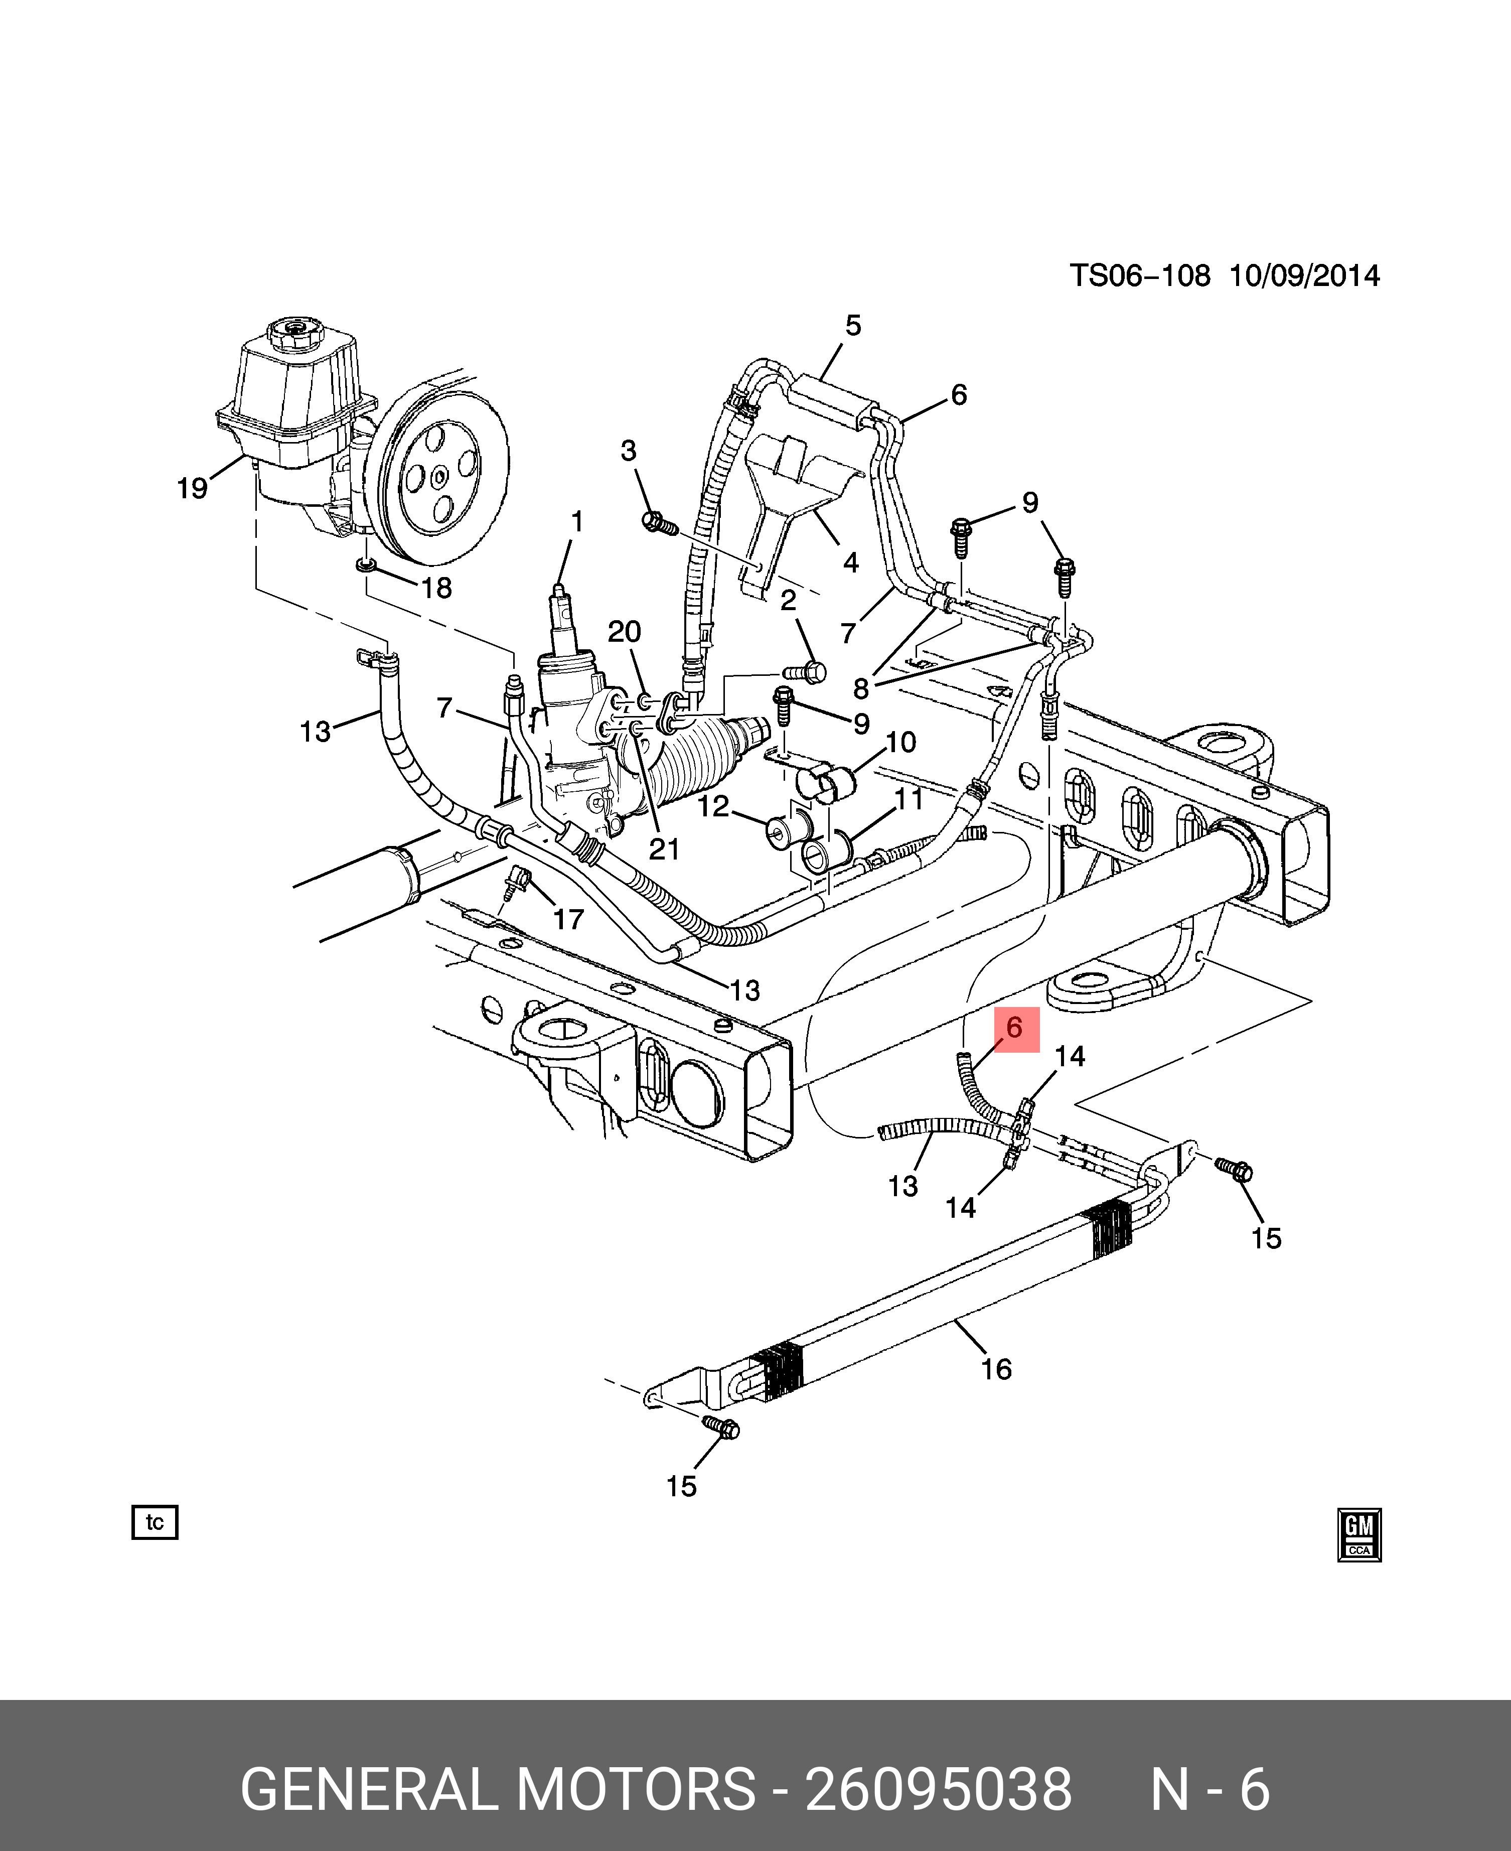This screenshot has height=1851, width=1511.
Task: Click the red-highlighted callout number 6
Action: [x=1014, y=1028]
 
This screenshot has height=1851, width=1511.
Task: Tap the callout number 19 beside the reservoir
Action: [x=192, y=488]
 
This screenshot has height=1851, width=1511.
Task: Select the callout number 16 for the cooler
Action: [x=997, y=1369]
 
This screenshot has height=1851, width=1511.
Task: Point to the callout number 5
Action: [x=853, y=326]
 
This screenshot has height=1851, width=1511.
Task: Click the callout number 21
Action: [x=664, y=849]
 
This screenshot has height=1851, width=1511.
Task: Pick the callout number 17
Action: [x=568, y=919]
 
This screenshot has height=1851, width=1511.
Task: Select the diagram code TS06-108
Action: [x=1139, y=276]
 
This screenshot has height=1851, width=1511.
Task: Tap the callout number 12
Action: [x=713, y=806]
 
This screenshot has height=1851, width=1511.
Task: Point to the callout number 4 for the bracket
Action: [x=850, y=562]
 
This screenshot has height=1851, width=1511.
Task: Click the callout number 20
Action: [x=624, y=631]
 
